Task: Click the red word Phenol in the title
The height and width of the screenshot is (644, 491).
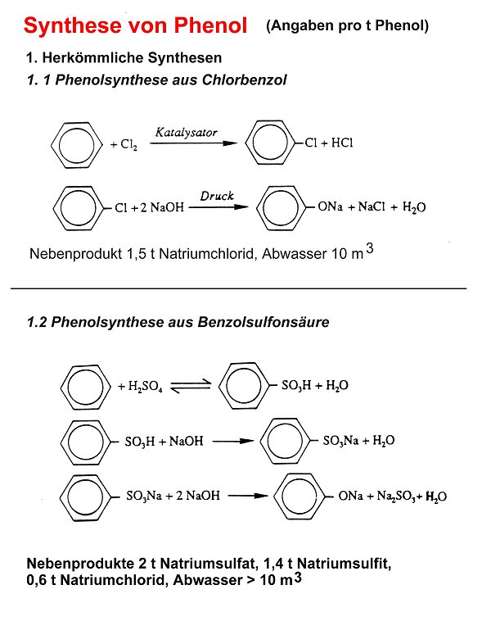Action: click(x=210, y=25)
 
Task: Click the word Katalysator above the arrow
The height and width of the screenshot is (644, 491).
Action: click(x=187, y=132)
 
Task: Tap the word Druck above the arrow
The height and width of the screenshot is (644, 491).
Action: click(x=217, y=196)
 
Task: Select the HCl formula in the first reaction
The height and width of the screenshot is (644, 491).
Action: click(x=342, y=143)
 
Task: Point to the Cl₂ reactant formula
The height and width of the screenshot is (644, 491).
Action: click(x=128, y=144)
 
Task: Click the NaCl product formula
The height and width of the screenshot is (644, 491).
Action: click(x=372, y=206)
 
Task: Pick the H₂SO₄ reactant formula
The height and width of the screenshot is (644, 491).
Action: click(x=146, y=386)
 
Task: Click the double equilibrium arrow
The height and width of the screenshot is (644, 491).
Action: click(x=191, y=386)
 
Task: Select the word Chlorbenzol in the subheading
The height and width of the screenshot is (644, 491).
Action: click(x=244, y=79)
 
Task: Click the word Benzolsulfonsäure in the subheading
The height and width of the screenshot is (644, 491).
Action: click(x=264, y=321)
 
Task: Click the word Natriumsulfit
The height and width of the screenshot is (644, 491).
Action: click(x=344, y=563)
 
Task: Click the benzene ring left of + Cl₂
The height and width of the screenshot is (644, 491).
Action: click(x=77, y=145)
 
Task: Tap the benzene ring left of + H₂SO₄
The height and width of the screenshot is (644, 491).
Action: click(x=85, y=387)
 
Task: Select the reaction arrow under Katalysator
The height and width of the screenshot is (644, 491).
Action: click(x=194, y=143)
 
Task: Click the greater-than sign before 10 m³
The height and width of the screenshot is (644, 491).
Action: click(x=250, y=581)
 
